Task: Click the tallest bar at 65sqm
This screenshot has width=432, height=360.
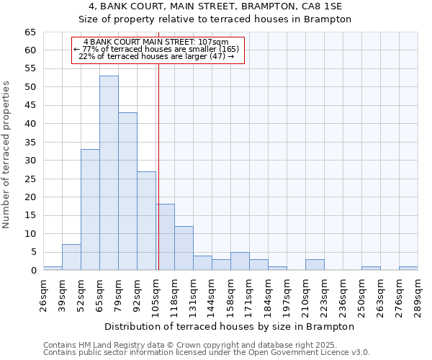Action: tap(109, 173)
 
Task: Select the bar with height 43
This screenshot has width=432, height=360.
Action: tap(127, 192)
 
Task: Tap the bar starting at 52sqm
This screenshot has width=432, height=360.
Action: tap(90, 210)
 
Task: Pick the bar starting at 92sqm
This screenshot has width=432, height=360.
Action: tap(146, 220)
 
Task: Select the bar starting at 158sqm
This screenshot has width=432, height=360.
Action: tap(240, 261)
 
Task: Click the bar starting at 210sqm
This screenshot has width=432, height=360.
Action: tap(315, 265)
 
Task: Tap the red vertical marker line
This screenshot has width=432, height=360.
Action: tap(158, 158)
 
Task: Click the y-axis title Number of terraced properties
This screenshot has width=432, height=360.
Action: tap(7, 155)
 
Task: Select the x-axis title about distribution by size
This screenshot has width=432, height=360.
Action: tap(230, 326)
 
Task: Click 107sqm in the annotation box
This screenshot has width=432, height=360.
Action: tap(215, 42)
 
